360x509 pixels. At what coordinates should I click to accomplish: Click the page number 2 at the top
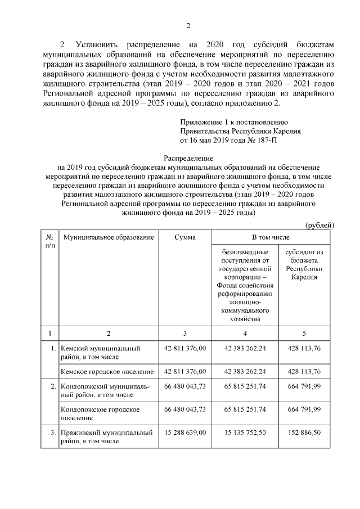188,25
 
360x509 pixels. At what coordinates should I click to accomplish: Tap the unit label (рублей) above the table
319,225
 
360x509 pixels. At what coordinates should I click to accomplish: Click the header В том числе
271,238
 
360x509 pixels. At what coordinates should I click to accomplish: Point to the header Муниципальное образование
109,238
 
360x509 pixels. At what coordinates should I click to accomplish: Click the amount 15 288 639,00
185,433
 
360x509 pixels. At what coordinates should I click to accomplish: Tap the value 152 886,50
304,433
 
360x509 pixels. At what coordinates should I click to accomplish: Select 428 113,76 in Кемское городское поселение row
304,372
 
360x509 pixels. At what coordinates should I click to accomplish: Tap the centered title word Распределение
188,159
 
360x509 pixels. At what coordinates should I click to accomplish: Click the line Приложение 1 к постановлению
234,122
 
